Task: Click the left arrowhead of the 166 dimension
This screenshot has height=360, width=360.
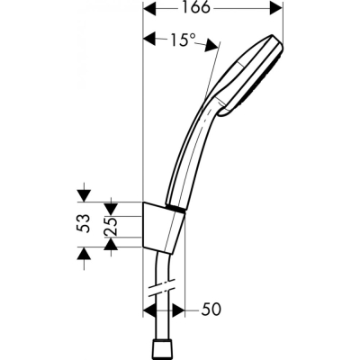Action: click(149, 10)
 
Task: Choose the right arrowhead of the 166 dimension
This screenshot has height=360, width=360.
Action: click(268, 10)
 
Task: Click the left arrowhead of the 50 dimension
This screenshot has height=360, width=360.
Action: click(149, 310)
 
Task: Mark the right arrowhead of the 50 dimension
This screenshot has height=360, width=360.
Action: click(175, 310)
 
